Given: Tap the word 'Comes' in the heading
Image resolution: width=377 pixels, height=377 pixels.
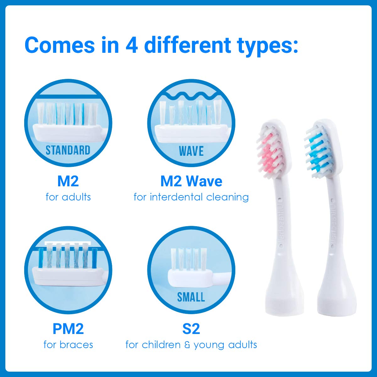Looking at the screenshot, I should (x=59, y=45).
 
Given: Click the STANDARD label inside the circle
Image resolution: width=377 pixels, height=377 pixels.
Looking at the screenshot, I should (x=68, y=150).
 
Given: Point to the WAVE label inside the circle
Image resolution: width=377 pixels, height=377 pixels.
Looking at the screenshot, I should (x=191, y=151).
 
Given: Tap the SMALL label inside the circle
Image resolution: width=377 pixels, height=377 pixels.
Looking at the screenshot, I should (x=191, y=297).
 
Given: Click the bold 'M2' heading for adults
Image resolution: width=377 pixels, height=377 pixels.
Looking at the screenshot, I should (x=68, y=181).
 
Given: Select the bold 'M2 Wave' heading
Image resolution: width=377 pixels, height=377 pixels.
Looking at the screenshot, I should (x=191, y=181).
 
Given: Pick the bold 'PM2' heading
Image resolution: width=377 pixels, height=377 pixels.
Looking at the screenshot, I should (x=68, y=329).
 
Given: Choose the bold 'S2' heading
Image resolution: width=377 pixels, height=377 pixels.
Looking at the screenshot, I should (x=191, y=329).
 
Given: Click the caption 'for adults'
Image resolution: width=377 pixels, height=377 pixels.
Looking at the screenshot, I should (x=68, y=197).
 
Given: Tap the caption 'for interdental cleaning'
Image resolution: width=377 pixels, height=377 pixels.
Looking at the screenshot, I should (x=191, y=197).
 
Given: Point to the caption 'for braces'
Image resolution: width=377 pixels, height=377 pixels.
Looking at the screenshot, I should (x=68, y=345).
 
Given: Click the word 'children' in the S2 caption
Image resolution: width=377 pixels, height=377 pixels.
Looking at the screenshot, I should (x=161, y=345).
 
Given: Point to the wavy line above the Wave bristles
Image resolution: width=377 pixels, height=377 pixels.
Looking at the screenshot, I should (x=191, y=95).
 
